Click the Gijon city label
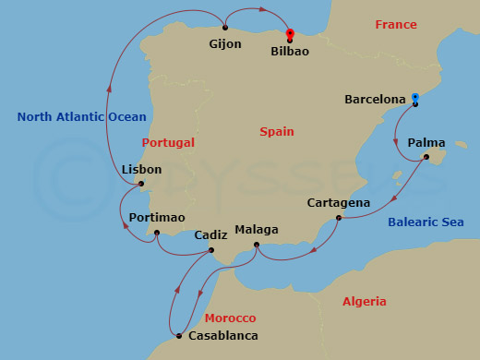point(224,44)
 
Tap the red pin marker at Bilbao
point(290,34)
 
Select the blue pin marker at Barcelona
point(415,98)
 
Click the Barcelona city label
point(375,99)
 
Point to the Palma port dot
point(426,157)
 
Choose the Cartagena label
point(339,203)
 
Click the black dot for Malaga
point(257,245)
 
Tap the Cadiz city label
point(210,235)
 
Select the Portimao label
point(158,217)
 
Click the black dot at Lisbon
point(141,184)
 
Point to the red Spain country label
point(277,132)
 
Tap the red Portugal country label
point(169,143)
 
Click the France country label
point(396,24)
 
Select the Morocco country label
point(230,318)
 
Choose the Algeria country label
point(365,302)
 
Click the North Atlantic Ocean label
point(81,116)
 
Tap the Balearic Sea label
point(433,222)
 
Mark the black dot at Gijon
point(225,28)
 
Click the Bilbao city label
point(290,53)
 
